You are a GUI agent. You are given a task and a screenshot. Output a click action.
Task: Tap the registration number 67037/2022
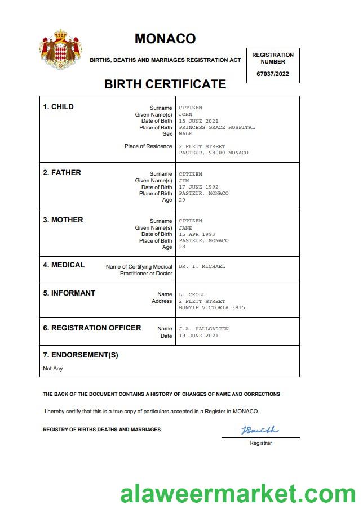273,74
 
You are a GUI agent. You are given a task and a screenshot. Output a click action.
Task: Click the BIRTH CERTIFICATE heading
165,84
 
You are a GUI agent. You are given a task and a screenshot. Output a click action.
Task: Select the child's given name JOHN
185,114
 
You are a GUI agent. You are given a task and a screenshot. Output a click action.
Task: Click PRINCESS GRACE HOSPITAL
217,127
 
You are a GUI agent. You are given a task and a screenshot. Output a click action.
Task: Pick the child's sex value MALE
185,134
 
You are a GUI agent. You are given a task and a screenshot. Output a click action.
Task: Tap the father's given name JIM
184,181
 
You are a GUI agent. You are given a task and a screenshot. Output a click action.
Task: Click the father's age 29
182,200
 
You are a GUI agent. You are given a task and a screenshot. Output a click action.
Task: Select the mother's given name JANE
185,227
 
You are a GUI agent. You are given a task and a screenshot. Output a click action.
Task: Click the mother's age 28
182,247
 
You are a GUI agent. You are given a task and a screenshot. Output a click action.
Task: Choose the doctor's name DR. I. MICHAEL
202,266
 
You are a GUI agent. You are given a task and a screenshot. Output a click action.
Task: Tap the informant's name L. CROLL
192,294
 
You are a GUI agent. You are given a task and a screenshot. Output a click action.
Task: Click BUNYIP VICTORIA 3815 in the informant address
212,307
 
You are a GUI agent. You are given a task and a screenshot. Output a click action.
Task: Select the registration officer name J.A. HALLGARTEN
203,329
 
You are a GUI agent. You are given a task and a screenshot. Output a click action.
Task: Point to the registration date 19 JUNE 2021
198,336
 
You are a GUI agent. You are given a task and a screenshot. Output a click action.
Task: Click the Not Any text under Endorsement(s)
53,369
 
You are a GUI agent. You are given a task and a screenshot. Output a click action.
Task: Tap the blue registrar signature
260,431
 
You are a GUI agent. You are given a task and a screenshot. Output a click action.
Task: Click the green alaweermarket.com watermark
237,494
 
